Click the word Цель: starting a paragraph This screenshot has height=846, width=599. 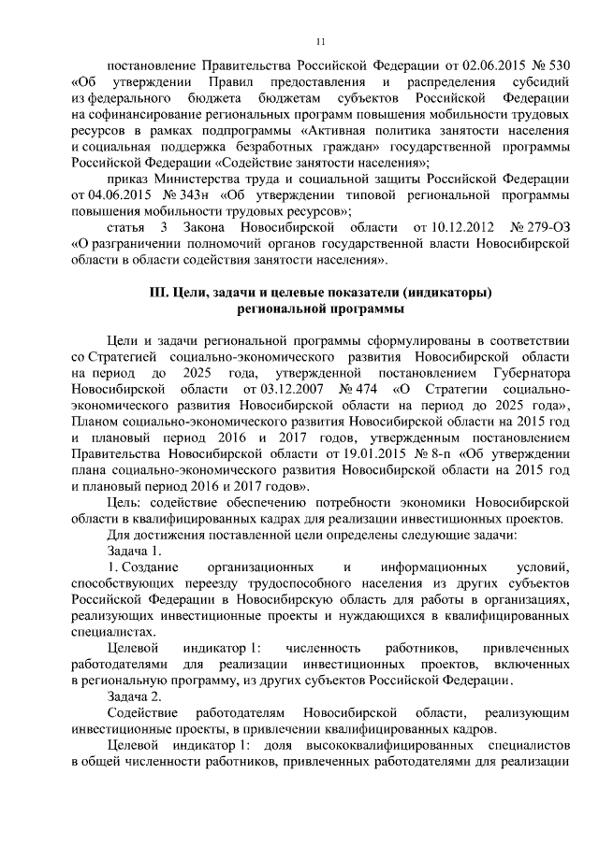coord(126,504)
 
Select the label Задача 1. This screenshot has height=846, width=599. coord(136,552)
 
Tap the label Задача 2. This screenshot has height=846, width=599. coord(136,696)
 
